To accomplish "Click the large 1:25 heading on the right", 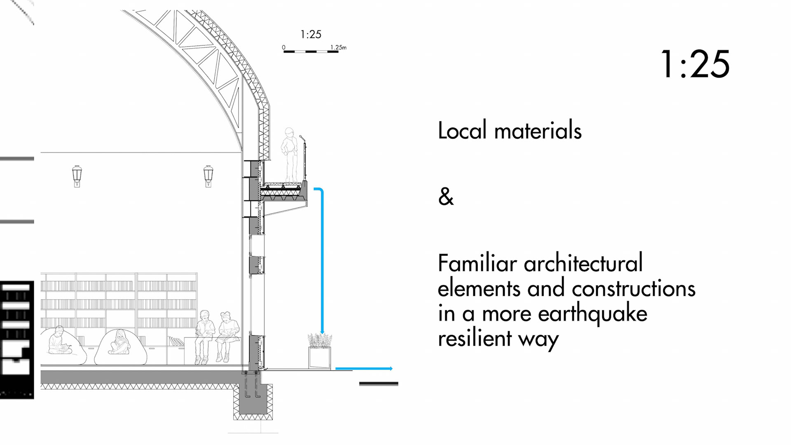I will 695,64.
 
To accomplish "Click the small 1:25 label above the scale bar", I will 311,35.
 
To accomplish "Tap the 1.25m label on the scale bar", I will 338,47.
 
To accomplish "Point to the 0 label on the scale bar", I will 283,47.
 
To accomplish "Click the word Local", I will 462,131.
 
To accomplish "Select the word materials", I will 538,131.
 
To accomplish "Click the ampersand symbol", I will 446,197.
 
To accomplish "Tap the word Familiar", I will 477,263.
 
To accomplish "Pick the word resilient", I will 475,339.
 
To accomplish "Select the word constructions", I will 633,288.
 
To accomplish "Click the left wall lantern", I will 77,176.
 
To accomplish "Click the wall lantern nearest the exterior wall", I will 208,176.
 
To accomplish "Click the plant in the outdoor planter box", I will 320,341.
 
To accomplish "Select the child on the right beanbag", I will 119,342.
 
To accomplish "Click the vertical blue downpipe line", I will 322,264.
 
